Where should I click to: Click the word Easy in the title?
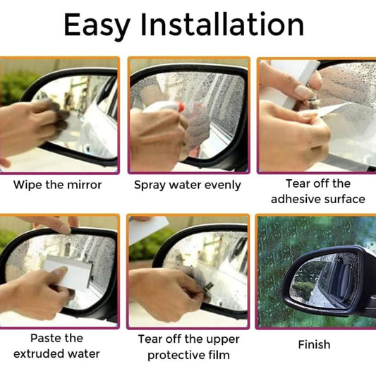[x=97, y=26]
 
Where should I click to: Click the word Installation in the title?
[x=222, y=26]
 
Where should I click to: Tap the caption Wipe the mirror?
[x=58, y=186]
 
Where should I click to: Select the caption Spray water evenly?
[x=188, y=186]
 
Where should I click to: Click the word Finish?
[x=313, y=345]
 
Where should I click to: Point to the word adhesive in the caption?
[x=292, y=199]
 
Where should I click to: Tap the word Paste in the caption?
[x=44, y=338]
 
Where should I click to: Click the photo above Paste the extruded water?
[x=59, y=272]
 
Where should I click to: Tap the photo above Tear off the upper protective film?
[x=188, y=272]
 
